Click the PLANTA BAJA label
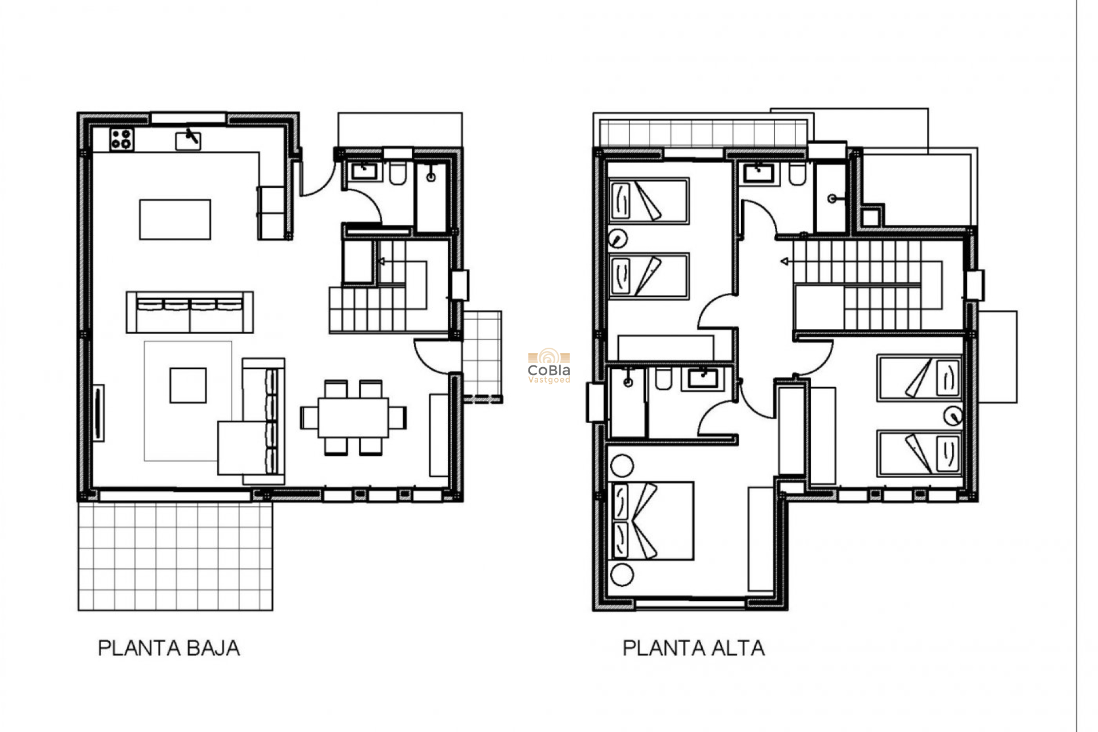(169, 648)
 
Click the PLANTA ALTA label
(693, 648)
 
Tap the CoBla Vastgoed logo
(549, 367)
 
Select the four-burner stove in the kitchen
(122, 140)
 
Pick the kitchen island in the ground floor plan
(175, 219)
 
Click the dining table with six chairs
(353, 417)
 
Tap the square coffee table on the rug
(188, 385)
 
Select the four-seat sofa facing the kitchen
(190, 312)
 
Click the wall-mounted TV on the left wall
(98, 413)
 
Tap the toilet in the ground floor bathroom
(397, 174)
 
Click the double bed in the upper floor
(652, 520)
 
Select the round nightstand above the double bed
(622, 466)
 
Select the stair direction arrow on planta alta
(785, 262)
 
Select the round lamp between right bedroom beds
(953, 416)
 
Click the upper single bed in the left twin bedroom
(649, 201)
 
